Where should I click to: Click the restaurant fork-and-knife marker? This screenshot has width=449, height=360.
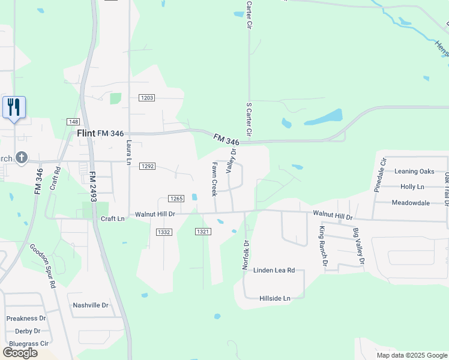(14, 108)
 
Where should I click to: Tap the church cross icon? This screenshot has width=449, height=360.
(21, 158)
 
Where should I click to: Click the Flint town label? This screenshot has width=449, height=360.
(86, 133)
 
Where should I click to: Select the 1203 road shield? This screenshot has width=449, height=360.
(147, 98)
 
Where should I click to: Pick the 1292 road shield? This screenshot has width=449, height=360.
(148, 166)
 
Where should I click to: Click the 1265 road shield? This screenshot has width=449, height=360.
(175, 199)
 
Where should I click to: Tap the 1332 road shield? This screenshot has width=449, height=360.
(164, 232)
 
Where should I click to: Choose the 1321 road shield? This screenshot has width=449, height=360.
(203, 231)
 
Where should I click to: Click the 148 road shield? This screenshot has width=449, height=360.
(74, 122)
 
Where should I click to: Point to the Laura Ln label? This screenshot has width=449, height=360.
(128, 152)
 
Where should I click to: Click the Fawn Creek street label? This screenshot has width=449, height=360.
(214, 179)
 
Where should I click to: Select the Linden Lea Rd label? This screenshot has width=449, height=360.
(274, 271)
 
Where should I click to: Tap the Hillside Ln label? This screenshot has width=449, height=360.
(274, 298)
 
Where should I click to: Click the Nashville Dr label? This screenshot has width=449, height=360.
(90, 305)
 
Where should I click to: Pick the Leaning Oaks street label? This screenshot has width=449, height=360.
(414, 172)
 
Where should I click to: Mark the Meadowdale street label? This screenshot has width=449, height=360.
(411, 203)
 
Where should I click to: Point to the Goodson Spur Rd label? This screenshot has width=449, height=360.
(43, 266)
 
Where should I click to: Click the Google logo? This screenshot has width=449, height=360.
(20, 353)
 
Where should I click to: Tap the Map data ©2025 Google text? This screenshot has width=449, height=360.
(411, 355)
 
